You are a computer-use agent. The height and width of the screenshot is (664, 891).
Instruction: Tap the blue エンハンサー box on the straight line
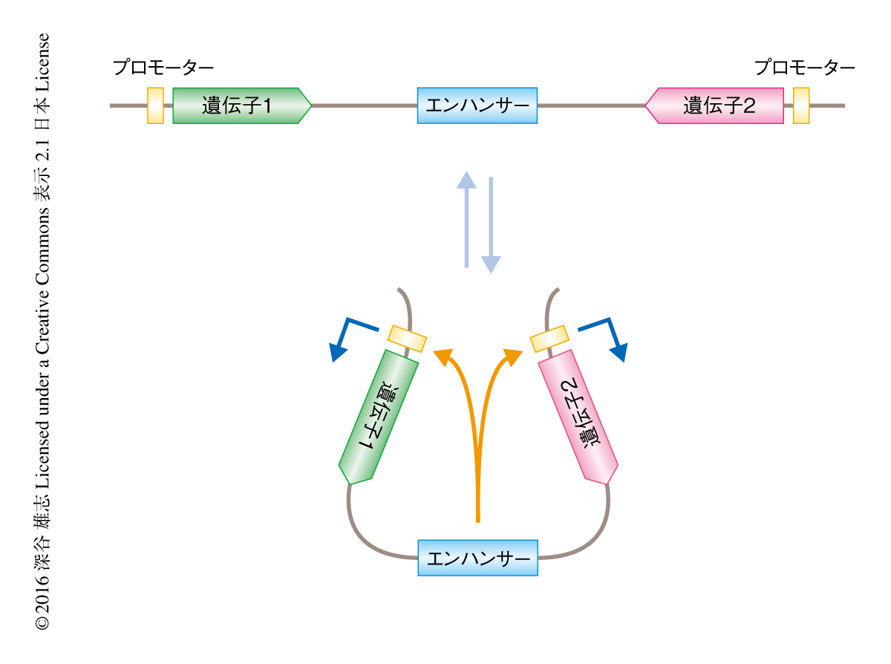[477, 105]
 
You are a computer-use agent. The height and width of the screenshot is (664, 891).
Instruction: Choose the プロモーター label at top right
[805, 68]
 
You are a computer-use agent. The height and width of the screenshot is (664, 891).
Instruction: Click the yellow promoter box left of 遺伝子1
[155, 105]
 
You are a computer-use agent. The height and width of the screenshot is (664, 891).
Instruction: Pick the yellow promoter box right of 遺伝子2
[801, 105]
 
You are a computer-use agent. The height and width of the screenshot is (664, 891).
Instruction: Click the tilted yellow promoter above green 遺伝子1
[408, 338]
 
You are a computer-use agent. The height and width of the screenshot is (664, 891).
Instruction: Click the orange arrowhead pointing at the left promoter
[445, 357]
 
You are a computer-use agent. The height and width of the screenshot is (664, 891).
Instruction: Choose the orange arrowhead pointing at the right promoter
[512, 357]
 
